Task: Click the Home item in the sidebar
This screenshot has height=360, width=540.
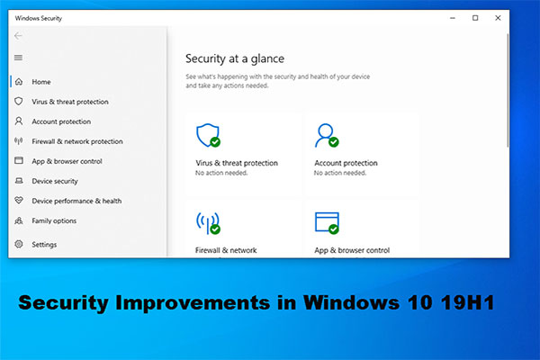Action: [x=40, y=82]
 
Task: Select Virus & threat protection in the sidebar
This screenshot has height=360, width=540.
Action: [x=70, y=102]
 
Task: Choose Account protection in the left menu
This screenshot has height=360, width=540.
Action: [x=60, y=121]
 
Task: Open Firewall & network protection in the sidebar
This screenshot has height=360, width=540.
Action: [x=76, y=141]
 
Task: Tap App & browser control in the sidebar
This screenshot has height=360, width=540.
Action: [x=67, y=161]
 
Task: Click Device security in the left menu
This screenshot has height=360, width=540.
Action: [x=55, y=181]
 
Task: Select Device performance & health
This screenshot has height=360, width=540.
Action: [x=76, y=201]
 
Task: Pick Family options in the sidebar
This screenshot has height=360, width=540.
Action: [x=54, y=220]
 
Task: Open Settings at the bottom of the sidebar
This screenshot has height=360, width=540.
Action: [x=43, y=244]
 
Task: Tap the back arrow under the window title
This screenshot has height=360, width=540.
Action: [x=19, y=36]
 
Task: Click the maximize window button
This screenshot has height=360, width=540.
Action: [x=475, y=18]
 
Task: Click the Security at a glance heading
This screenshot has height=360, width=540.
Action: [x=235, y=58]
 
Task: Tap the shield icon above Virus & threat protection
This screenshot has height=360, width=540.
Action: [x=207, y=135]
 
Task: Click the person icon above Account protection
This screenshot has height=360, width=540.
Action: [x=325, y=135]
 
